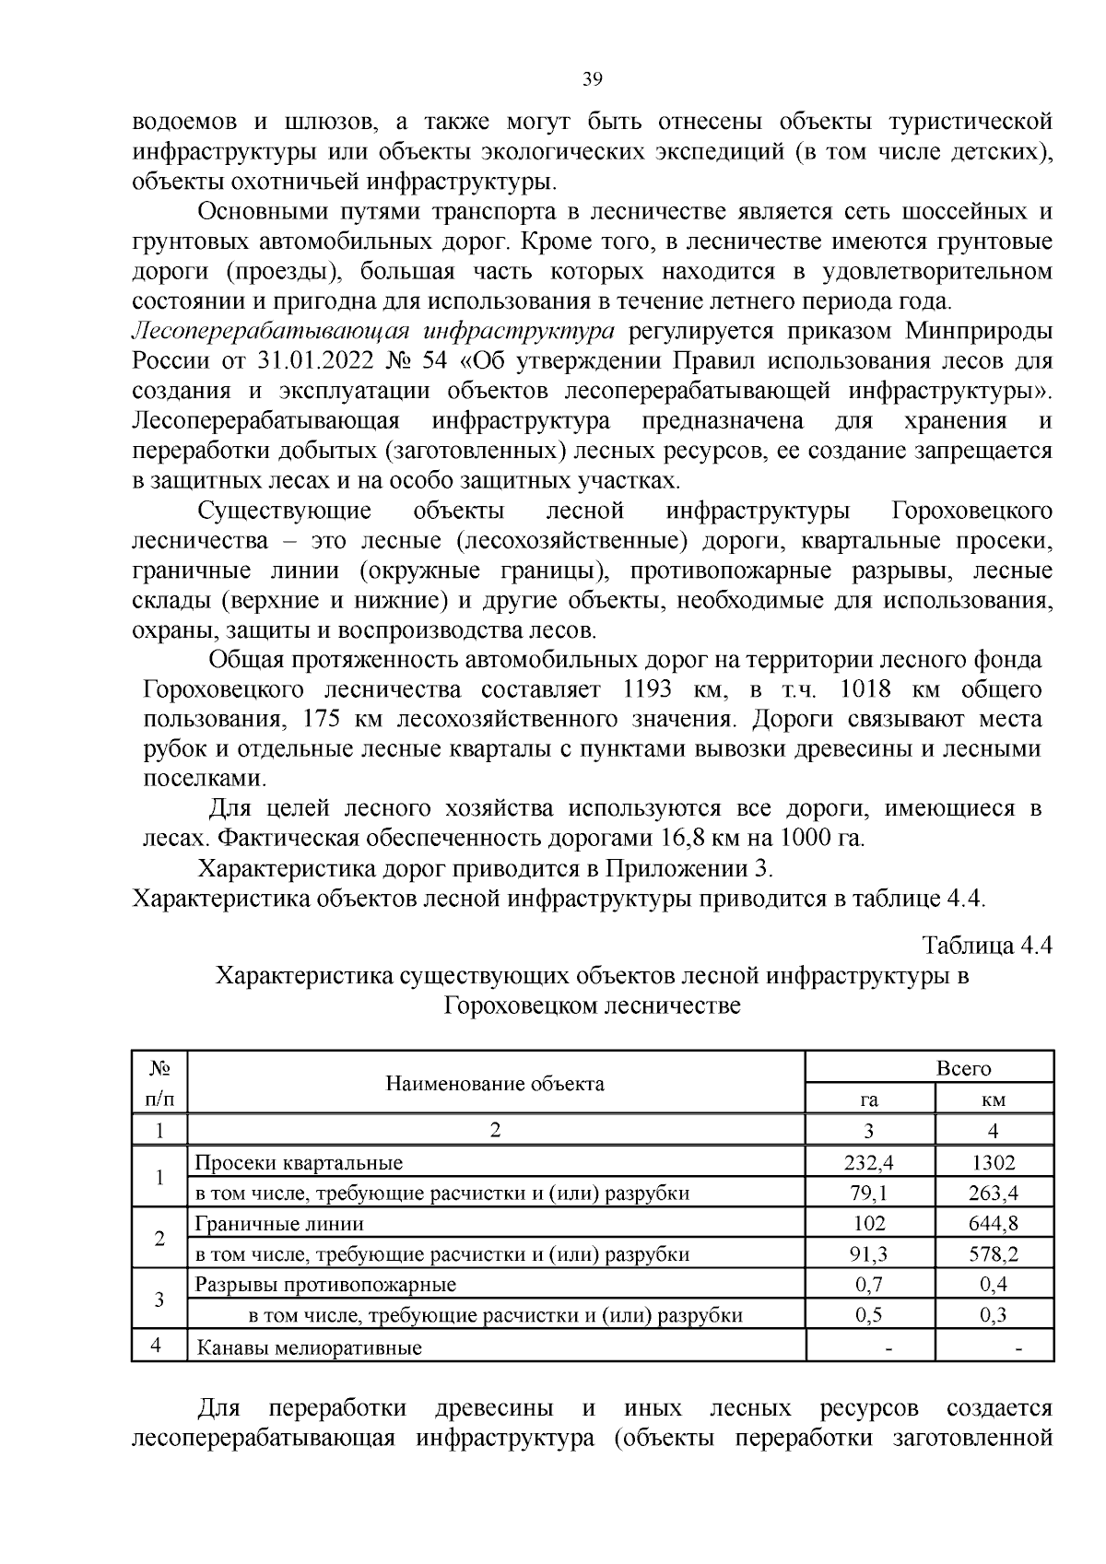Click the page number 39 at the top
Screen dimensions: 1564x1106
(x=592, y=79)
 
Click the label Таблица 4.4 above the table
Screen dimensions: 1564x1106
(x=987, y=946)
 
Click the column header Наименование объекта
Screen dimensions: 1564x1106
(x=495, y=1083)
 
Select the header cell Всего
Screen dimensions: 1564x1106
(x=963, y=1068)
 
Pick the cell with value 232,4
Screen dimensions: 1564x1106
(x=869, y=1163)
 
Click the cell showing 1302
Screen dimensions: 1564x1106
(x=993, y=1163)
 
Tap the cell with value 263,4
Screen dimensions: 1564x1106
(x=993, y=1194)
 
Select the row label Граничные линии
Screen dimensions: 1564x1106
(x=279, y=1224)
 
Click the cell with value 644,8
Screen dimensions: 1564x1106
(x=993, y=1224)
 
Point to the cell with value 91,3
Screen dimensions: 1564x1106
(x=869, y=1254)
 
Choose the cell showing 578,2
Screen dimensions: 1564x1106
(x=993, y=1254)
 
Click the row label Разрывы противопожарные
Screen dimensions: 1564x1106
(x=325, y=1285)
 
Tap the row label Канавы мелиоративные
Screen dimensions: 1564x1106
(x=309, y=1347)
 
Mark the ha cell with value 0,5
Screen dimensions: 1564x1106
(x=869, y=1315)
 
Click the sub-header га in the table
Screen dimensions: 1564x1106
(x=869, y=1100)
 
